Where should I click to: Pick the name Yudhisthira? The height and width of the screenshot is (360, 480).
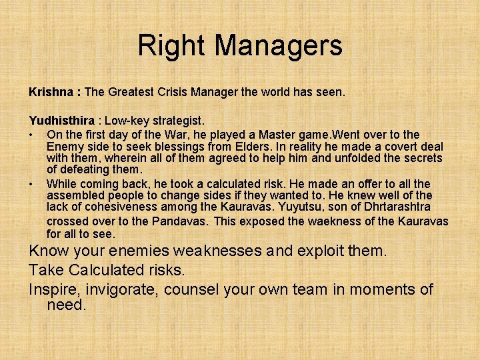point(61,121)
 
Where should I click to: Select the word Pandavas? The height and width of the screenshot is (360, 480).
point(180,221)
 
